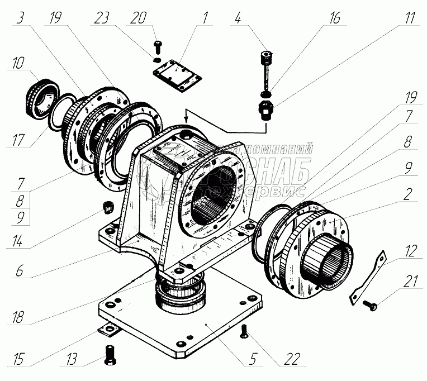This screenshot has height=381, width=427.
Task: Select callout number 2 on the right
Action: (409, 196)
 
